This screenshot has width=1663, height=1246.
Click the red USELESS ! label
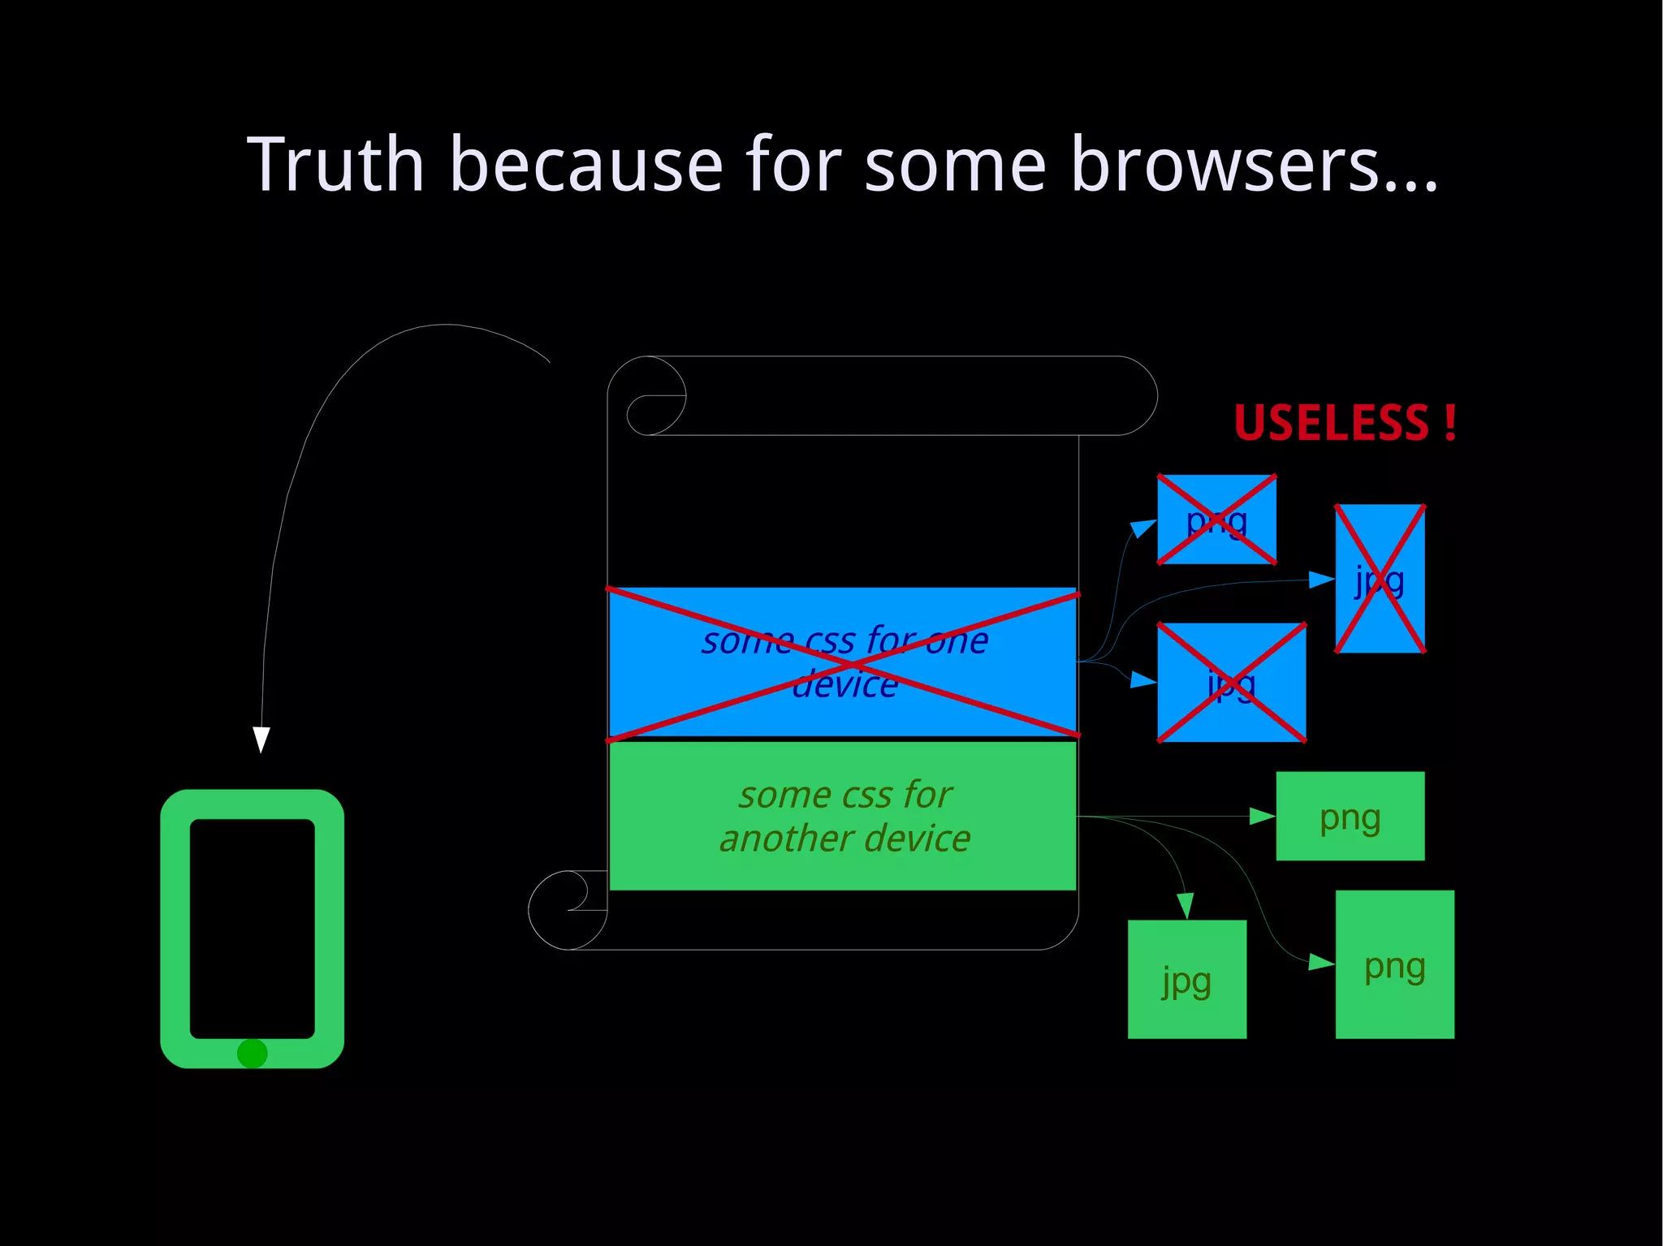coord(1345,423)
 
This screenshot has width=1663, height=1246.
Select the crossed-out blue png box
coord(1216,520)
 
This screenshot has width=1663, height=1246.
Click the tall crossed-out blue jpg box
coord(1380,579)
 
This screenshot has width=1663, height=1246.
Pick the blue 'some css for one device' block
coord(843,662)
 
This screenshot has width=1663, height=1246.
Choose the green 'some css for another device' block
coord(843,816)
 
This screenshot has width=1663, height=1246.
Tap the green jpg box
coord(1186,979)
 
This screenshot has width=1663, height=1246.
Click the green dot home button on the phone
coord(252,1053)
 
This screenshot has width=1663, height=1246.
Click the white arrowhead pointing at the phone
coord(261,739)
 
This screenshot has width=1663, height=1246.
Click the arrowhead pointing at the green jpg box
coord(1186,906)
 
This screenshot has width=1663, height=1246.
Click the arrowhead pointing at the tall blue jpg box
coord(1322,579)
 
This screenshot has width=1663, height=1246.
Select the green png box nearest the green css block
coord(1350,816)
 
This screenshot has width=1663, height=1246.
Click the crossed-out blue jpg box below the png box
coord(1231,683)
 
